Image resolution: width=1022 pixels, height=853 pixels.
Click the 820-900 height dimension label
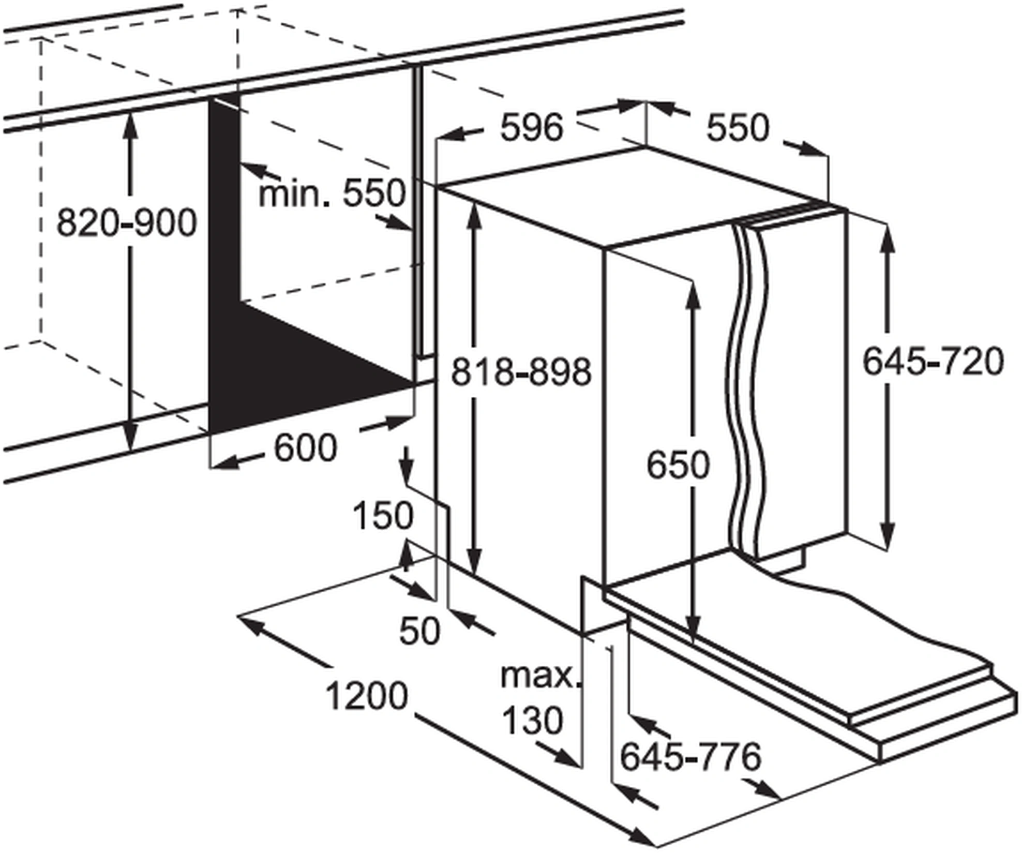point(127,223)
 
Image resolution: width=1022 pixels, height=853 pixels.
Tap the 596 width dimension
point(531,128)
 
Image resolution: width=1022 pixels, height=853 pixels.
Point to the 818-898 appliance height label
point(521,371)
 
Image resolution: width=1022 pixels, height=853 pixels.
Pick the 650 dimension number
point(678,465)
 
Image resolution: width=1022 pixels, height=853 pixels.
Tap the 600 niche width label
point(306,447)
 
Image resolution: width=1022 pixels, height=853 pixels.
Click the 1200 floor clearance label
point(367,696)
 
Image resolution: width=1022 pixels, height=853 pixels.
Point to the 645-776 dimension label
point(690,756)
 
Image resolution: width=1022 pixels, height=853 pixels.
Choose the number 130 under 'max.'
point(532,720)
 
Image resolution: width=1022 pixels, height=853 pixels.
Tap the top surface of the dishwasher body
point(641,197)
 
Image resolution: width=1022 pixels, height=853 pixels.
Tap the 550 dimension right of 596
point(738,128)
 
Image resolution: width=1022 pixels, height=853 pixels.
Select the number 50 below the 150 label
point(419,631)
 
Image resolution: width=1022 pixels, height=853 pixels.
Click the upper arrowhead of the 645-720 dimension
point(888,238)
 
